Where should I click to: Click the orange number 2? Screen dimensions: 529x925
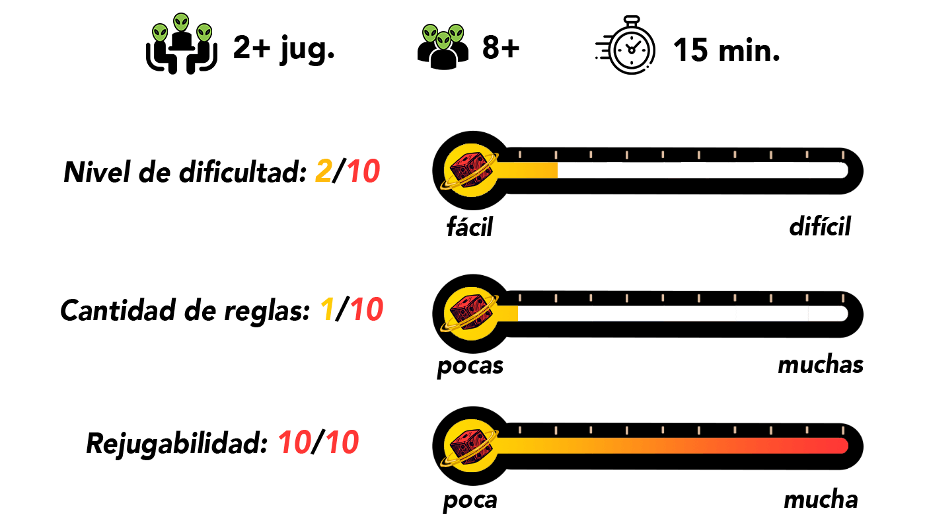324,171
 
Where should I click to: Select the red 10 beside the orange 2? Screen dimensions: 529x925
363,171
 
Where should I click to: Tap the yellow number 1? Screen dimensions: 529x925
327,309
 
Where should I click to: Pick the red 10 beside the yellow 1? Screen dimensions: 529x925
367,309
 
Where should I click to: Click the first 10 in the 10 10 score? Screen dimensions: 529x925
295,442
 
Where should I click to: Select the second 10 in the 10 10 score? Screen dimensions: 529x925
342,442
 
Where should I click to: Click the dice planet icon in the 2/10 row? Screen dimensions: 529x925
470,170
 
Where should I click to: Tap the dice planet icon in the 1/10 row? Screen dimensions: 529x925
470,313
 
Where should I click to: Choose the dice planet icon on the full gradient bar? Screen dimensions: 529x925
470,446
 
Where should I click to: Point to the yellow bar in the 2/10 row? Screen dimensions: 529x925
529,170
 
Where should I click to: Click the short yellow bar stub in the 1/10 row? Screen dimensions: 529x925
508,313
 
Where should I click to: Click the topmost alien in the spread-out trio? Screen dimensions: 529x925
181,22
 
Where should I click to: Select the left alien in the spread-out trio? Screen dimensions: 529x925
160,33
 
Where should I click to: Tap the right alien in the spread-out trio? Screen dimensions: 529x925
204,32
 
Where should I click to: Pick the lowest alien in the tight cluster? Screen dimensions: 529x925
443,41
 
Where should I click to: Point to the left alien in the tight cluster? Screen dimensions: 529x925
430,33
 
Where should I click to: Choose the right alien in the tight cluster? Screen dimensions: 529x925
456,33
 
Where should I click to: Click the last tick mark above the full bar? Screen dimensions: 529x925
842,430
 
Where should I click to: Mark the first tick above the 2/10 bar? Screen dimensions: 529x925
520,155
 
